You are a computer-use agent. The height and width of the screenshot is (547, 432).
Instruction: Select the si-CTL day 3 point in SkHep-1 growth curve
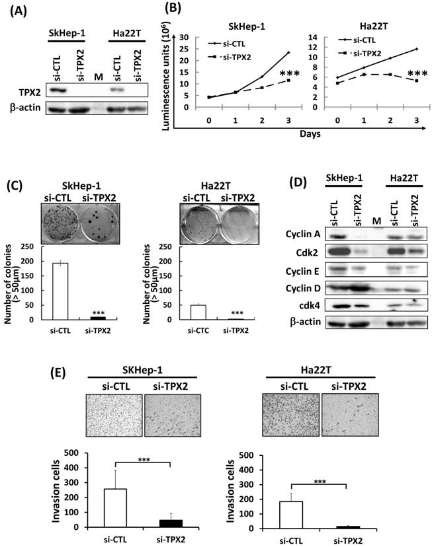(270, 52)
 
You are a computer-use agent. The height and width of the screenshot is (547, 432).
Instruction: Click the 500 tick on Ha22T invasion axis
(250, 455)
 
